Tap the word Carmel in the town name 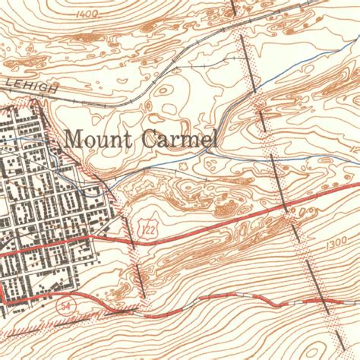pos(178,139)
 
